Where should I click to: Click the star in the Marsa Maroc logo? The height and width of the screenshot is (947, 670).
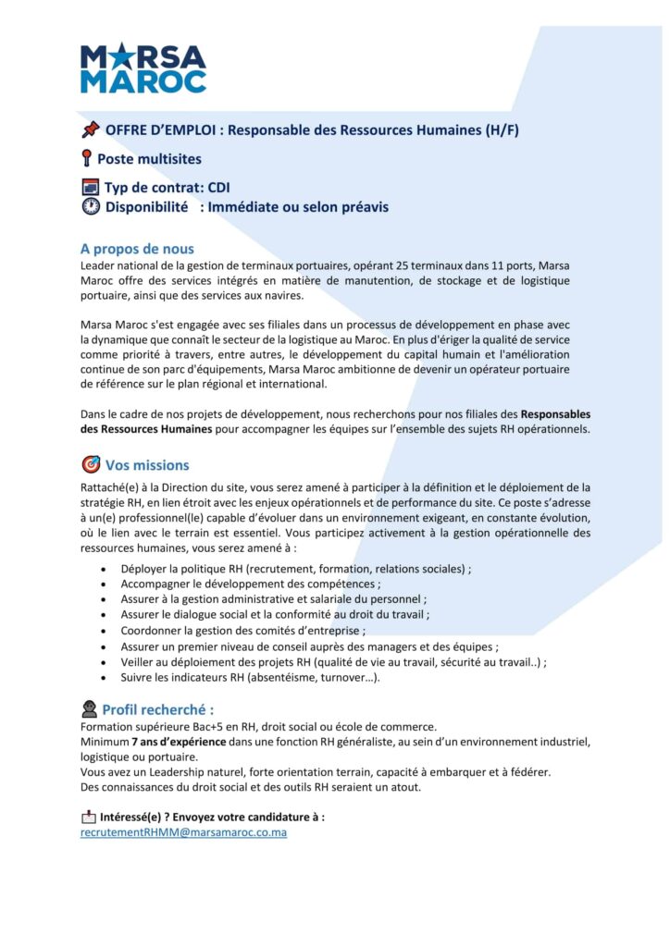coord(120,57)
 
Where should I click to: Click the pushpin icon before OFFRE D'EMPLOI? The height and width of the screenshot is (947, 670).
coord(90,129)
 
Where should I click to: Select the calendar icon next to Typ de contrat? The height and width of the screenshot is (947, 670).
coord(90,188)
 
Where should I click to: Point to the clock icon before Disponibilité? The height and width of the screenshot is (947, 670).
coord(90,207)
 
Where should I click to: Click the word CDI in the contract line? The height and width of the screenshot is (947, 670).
coord(218,188)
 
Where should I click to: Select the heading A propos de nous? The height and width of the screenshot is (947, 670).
coord(137,249)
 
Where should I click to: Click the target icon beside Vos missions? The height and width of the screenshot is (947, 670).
coord(91,464)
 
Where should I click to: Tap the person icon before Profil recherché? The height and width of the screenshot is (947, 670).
coord(89,709)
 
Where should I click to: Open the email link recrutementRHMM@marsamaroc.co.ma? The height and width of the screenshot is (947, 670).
coord(183,832)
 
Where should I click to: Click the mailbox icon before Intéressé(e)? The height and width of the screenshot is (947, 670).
coord(89,817)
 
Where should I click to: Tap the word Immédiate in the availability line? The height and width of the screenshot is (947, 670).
coord(242,207)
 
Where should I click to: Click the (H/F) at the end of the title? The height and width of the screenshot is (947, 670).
coord(501,129)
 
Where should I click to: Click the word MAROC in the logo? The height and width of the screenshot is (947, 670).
coord(143,81)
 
